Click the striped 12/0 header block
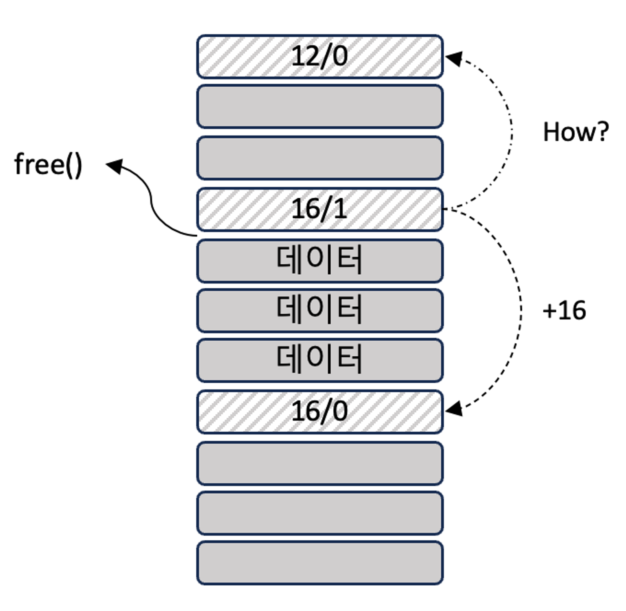[x=320, y=57]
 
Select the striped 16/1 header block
[x=320, y=209]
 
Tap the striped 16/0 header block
[x=320, y=412]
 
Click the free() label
[x=48, y=164]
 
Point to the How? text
[x=576, y=132]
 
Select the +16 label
[x=564, y=310]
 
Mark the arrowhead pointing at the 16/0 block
[x=454, y=409]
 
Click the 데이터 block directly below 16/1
[x=320, y=260]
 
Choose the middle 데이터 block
[x=320, y=310]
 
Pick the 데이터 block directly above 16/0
[x=320, y=360]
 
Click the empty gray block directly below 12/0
[x=320, y=106]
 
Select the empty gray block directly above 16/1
[x=320, y=158]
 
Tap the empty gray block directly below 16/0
[x=320, y=463]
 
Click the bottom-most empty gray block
[x=320, y=563]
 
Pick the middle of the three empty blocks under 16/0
[x=320, y=513]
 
